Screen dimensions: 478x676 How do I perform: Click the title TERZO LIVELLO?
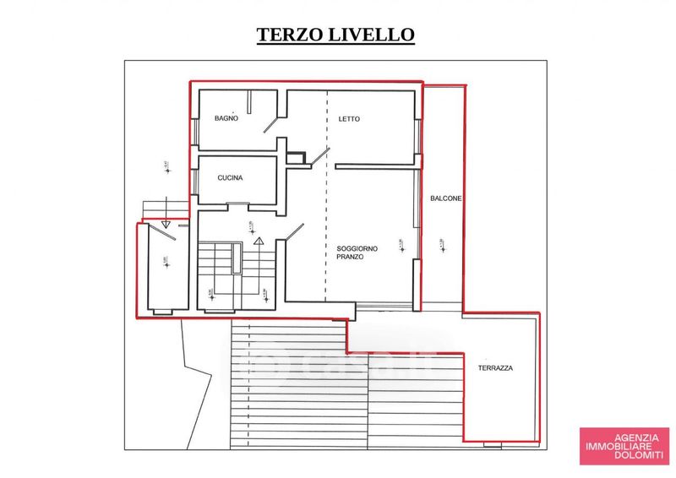[335, 35]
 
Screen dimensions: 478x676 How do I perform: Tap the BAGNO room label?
[226, 118]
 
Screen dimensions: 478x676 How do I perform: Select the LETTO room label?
[349, 119]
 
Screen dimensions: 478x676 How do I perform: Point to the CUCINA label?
[230, 178]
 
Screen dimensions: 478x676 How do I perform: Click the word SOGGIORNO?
[357, 247]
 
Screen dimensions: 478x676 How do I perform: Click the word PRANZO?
[350, 256]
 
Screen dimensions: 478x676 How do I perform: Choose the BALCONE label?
[445, 198]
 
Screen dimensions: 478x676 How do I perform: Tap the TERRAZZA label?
[495, 369]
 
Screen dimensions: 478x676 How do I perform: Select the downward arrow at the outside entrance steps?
[166, 225]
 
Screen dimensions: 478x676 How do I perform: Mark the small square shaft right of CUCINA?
[295, 156]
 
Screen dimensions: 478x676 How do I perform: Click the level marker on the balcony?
[440, 246]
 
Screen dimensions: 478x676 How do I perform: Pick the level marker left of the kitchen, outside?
[166, 166]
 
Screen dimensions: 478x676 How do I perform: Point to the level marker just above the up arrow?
[251, 225]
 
